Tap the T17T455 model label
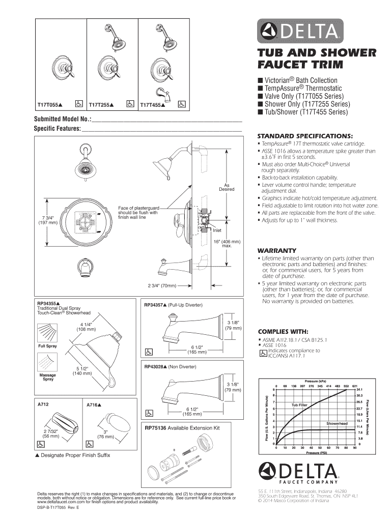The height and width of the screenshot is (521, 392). [152, 105]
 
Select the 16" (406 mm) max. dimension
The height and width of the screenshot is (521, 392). [227, 243]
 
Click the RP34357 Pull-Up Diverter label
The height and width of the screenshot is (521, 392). [174, 305]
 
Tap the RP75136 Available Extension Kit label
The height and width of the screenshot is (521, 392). [182, 428]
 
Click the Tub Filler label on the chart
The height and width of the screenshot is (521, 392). [299, 405]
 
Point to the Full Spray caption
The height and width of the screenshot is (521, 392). [48, 346]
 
